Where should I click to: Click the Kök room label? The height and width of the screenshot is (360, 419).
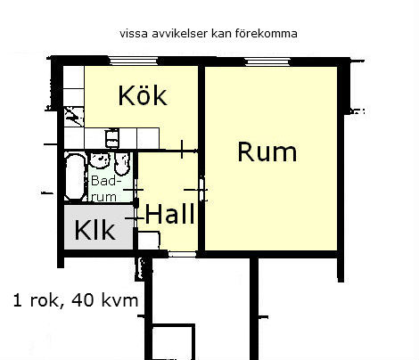coord(143,95)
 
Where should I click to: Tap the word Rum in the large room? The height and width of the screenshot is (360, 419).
coord(267,151)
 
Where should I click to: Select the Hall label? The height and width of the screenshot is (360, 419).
coord(170,213)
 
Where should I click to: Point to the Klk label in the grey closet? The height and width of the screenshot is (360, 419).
coord(94,230)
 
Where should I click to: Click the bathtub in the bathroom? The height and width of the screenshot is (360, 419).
coord(76,176)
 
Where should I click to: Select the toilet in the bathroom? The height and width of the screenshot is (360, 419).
coord(122,164)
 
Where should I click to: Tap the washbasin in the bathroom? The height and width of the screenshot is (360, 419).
coord(100,160)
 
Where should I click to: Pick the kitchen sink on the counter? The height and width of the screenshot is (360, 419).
coord(112,138)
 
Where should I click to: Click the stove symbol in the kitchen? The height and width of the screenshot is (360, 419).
coord(74,117)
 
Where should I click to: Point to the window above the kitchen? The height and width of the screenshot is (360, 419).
coord(133,61)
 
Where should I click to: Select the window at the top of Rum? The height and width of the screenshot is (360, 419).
coord(267,61)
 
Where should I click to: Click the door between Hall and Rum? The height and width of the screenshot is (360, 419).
coord(202,189)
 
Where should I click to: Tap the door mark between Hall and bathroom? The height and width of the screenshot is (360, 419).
coord(136,190)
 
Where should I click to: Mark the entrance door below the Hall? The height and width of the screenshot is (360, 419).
coord(182,254)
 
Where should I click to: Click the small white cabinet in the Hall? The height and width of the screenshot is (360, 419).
coord(149,240)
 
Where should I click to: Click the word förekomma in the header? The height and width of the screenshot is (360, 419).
coord(267,33)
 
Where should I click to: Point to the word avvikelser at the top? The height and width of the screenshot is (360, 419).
coord(179,33)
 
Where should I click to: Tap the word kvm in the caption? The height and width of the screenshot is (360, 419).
coord(119,300)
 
